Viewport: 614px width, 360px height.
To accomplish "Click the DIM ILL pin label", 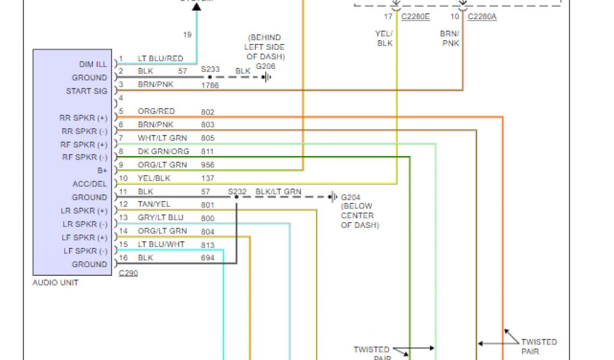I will (93, 64).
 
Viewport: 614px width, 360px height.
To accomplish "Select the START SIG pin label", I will (87, 91).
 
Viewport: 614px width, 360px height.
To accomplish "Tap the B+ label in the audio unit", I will (103, 170).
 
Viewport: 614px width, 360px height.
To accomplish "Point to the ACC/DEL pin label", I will (91, 184).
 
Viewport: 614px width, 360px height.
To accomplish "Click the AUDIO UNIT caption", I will (55, 283).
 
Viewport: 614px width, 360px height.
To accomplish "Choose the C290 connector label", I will (128, 273).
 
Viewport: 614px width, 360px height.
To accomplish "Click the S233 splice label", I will (210, 69).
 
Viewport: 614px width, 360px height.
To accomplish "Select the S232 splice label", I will (237, 192).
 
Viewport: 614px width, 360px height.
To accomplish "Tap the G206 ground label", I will (266, 66).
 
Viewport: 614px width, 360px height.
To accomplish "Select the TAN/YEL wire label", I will (154, 205).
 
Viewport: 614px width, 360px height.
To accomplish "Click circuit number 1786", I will (210, 85).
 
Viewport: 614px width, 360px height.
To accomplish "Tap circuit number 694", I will (207, 257).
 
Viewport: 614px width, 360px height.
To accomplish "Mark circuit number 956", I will (207, 165).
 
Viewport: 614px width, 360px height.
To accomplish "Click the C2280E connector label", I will (415, 17).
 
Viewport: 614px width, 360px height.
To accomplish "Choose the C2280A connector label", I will (482, 17).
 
